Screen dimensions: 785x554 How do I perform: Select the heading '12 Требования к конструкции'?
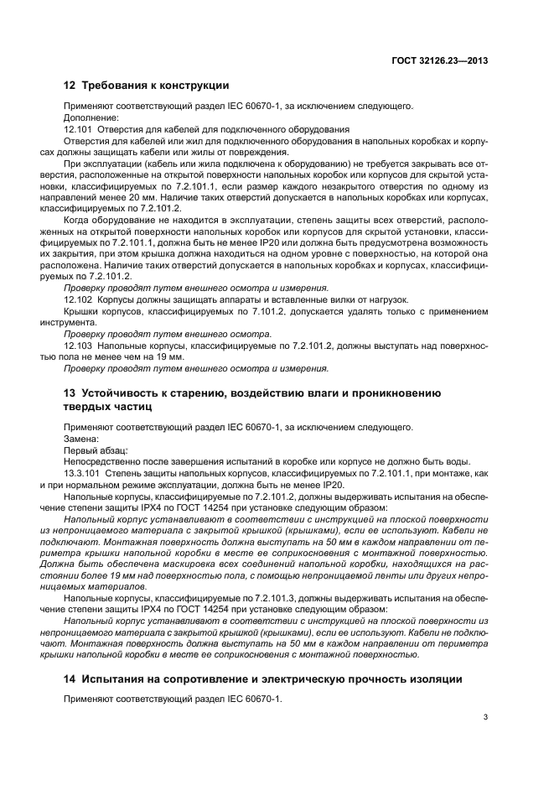tap(147, 86)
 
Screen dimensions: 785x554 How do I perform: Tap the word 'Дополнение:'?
tap(89, 118)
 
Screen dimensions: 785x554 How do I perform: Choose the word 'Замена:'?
tap(81, 438)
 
